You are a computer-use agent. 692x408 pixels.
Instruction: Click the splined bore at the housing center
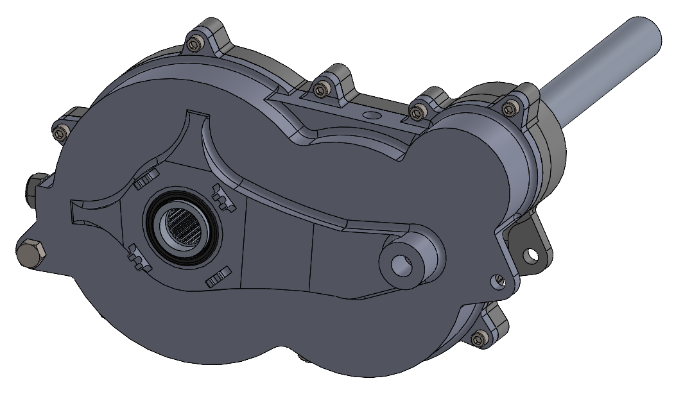[186, 228]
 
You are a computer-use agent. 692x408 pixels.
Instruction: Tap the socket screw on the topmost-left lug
[194, 44]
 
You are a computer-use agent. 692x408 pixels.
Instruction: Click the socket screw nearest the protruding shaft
[511, 107]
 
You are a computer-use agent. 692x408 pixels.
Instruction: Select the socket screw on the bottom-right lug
[478, 339]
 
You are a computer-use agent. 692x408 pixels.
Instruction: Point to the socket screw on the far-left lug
[62, 133]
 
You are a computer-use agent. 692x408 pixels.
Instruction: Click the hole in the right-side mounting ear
[530, 255]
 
